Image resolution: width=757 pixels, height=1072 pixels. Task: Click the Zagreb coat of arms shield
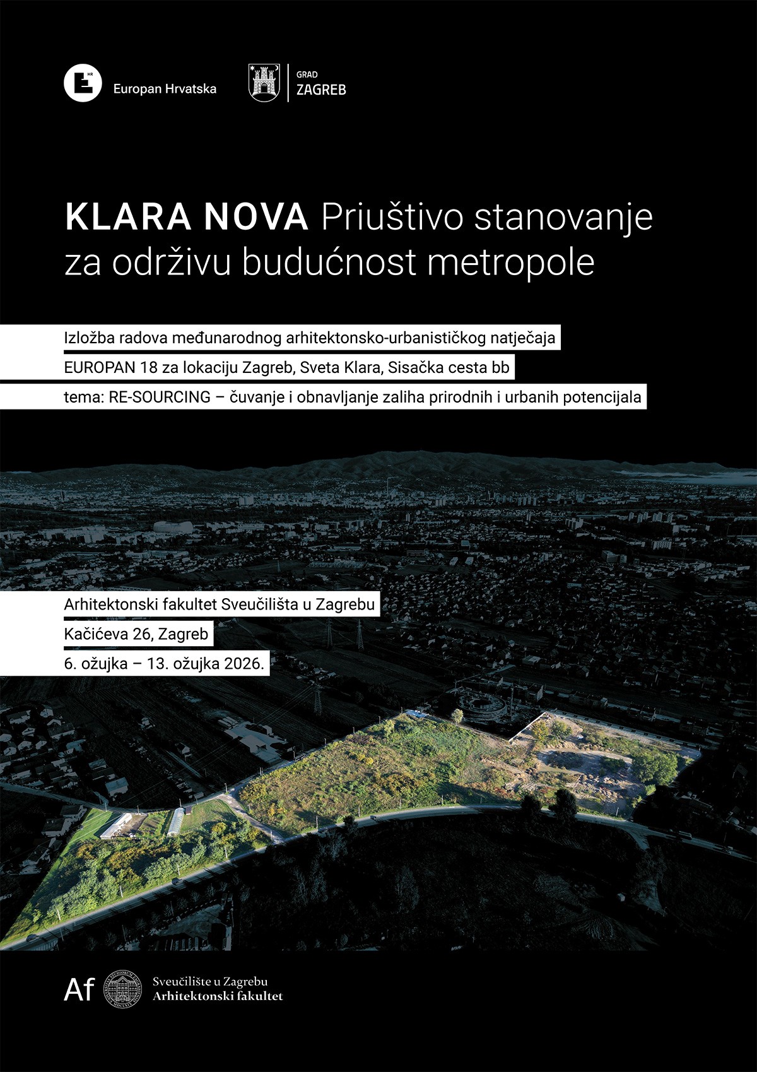264,83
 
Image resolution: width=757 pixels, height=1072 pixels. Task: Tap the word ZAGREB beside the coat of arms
321,90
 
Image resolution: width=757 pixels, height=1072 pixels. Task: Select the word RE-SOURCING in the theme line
160,398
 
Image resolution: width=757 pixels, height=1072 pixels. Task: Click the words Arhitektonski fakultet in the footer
218,996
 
